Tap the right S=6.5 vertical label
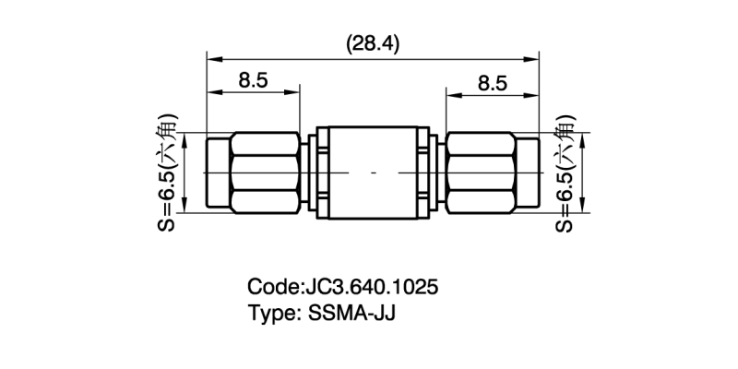565,172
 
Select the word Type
270,312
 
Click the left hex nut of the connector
264,172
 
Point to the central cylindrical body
372,172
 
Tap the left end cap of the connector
217,172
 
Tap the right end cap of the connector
527,172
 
